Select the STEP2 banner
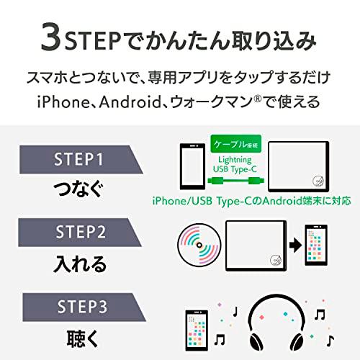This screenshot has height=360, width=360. [x=78, y=233]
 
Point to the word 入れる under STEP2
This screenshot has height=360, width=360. [x=78, y=262]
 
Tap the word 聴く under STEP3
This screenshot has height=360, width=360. [x=78, y=337]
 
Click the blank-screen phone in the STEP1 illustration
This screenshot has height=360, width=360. [x=189, y=166]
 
